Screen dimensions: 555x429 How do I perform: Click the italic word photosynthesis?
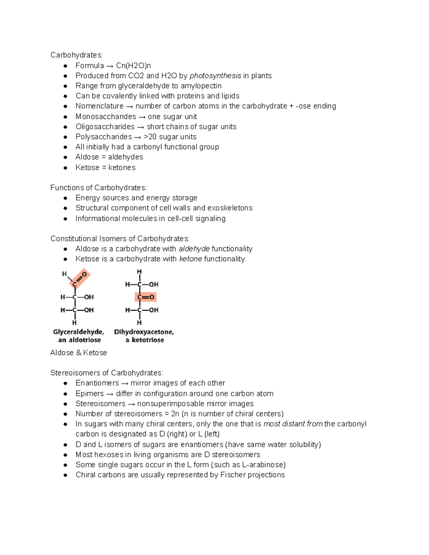point(215,76)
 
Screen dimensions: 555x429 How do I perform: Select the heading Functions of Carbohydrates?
point(98,188)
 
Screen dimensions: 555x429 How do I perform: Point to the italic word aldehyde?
point(194,249)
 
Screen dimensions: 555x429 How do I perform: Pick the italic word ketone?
point(191,259)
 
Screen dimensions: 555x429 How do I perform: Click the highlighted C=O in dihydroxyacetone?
point(146,297)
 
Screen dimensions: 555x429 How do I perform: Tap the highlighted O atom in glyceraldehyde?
point(84,274)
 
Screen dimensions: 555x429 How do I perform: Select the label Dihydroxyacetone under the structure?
point(144,332)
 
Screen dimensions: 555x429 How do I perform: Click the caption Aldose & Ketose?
point(79,353)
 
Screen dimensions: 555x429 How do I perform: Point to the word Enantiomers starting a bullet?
point(97,383)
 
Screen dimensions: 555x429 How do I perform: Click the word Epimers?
point(90,393)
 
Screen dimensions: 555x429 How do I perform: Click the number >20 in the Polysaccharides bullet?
point(150,137)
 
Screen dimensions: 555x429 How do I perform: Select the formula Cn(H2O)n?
point(133,66)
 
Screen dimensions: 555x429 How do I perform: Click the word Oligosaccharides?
point(105,127)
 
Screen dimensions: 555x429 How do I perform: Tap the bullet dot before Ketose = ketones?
point(65,168)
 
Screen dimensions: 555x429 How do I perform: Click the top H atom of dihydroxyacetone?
point(139,272)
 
